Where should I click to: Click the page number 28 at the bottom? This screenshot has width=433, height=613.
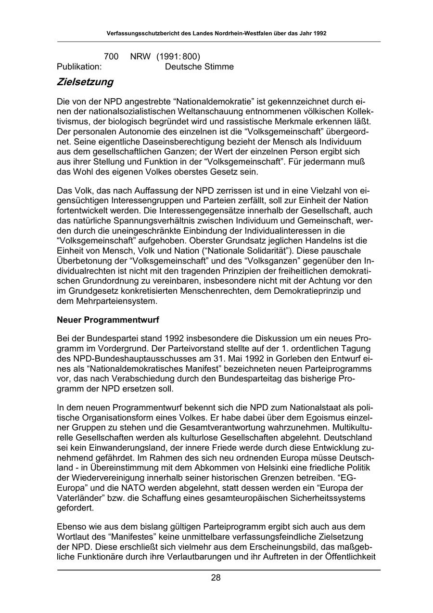[x=216, y=578]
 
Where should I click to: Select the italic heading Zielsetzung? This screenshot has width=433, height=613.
[x=85, y=82]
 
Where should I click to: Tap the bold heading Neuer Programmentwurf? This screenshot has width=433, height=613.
[x=108, y=319]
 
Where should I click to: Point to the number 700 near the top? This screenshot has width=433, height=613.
[x=111, y=57]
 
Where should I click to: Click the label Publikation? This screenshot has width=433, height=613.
[x=79, y=66]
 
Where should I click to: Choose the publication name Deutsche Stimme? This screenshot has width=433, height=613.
[x=199, y=66]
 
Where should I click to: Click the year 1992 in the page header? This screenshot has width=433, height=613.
[x=319, y=34]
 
